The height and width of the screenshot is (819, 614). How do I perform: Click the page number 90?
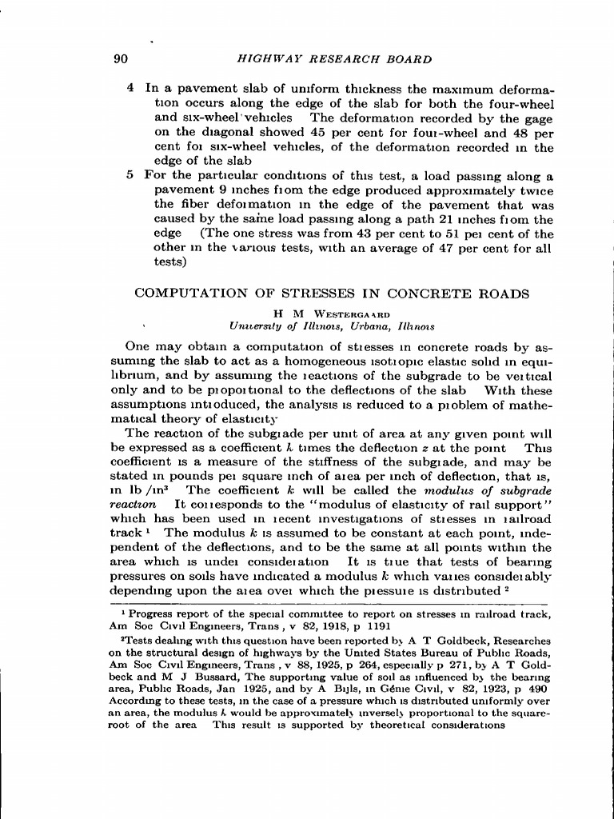(122, 59)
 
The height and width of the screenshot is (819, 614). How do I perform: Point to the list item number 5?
(130, 175)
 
